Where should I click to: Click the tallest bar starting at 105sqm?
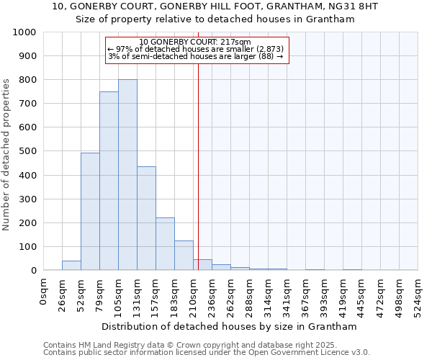[127, 175]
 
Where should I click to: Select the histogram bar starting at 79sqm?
[109, 181]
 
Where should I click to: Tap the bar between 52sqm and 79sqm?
[90, 212]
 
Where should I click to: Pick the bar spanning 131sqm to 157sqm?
[146, 218]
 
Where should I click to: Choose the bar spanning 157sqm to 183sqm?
[165, 244]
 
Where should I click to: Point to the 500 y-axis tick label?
[28, 151]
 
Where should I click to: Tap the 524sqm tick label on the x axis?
[418, 293]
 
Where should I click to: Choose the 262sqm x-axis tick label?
[230, 293]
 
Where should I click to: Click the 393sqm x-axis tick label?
[324, 293]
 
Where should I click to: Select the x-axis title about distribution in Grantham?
[229, 326]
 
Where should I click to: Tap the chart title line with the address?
[215, 6]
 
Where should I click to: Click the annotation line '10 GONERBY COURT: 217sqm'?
[195, 42]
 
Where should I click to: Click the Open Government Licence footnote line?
[206, 352]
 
